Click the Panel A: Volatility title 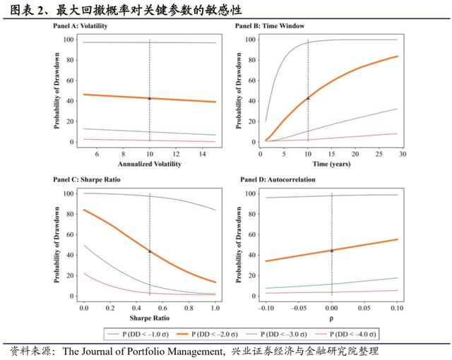(x=82, y=25)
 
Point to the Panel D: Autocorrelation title (x=275, y=180)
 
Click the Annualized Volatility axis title (x=149, y=164)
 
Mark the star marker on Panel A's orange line (x=150, y=98)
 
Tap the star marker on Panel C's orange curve (x=150, y=251)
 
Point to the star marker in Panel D (x=332, y=250)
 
